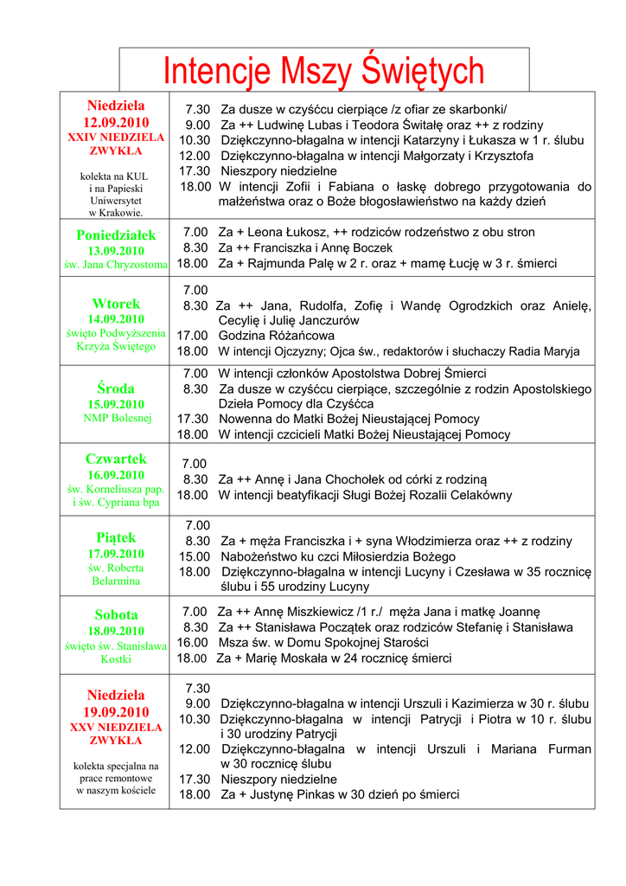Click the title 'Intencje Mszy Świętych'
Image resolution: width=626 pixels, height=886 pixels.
coord(324,71)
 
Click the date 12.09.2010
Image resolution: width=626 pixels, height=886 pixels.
coord(116,122)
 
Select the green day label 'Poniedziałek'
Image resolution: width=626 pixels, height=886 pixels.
coord(116,235)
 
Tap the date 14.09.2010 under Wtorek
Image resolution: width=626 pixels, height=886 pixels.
coord(116,319)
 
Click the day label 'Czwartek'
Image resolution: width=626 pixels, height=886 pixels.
coord(116,459)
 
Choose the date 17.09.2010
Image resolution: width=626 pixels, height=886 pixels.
coord(116,554)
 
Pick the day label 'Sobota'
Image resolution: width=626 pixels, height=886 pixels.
coord(116,615)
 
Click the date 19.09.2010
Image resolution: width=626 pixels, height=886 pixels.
coord(116,711)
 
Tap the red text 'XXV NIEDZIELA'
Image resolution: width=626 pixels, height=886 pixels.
coord(116,728)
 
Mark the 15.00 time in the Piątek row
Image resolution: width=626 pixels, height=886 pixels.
coord(195,556)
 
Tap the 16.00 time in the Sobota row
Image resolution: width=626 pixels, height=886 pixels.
coord(193,643)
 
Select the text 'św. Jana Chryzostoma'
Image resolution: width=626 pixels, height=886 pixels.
coord(116,265)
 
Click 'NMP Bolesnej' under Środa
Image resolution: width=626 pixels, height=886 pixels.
coord(116,419)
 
